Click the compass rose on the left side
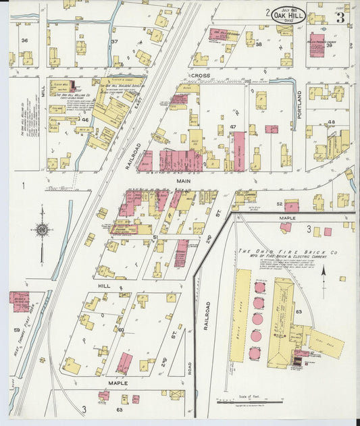point(42,230)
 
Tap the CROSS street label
point(201,76)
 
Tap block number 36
point(24,41)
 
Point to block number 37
point(115,42)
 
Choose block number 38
point(258,44)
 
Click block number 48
point(330,122)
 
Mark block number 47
point(232,127)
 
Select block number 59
point(17,330)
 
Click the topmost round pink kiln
point(259,287)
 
